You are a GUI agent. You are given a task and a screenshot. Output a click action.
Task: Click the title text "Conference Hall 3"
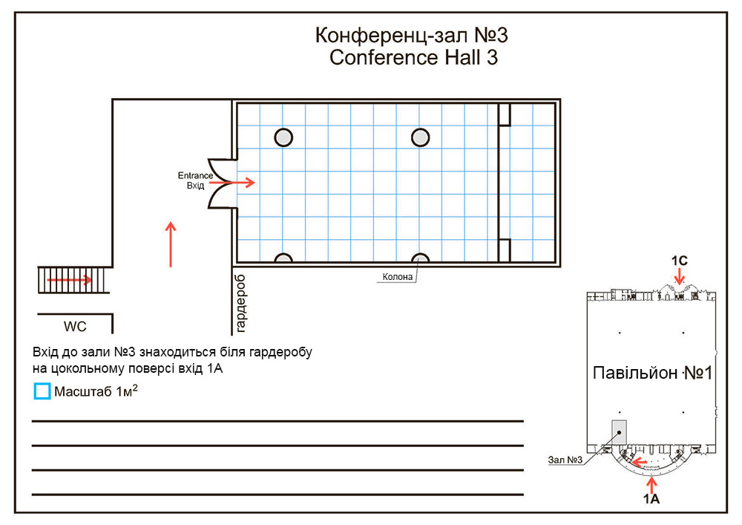tap(413, 58)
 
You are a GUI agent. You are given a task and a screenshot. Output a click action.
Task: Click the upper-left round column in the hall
tap(283, 137)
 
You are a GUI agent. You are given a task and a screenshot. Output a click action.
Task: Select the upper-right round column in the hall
tap(421, 137)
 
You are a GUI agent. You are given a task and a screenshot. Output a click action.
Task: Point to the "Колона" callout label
tap(397, 278)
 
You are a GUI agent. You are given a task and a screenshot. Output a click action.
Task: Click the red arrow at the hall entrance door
tap(245, 182)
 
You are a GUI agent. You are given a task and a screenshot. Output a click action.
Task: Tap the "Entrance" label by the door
tap(194, 175)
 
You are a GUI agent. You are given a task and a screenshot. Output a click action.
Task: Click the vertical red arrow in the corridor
tap(171, 244)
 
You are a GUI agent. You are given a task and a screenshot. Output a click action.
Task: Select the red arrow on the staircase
tap(70, 280)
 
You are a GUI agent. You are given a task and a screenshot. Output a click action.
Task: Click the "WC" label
tap(75, 326)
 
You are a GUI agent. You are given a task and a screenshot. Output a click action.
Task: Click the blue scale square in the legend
tap(42, 391)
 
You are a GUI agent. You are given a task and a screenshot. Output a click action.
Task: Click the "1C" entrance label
tap(680, 261)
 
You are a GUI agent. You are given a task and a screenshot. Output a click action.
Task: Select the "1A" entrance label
tap(651, 500)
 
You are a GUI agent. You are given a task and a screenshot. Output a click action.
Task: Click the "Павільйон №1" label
tap(652, 373)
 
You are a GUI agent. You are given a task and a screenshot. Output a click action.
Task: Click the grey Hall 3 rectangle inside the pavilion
tap(619, 432)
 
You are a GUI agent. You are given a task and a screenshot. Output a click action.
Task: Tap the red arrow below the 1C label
tap(680, 278)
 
